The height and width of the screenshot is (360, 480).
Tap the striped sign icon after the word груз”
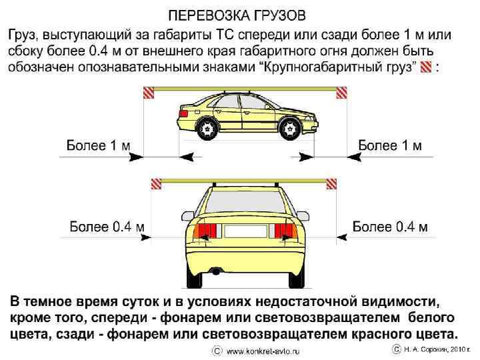click(427, 66)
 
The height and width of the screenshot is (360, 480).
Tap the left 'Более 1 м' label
click(99, 144)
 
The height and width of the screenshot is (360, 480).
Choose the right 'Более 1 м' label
click(391, 144)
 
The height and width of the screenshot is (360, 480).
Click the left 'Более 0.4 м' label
click(107, 227)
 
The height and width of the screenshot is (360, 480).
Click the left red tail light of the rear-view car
click(206, 231)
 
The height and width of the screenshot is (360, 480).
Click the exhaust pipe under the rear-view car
click(215, 271)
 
